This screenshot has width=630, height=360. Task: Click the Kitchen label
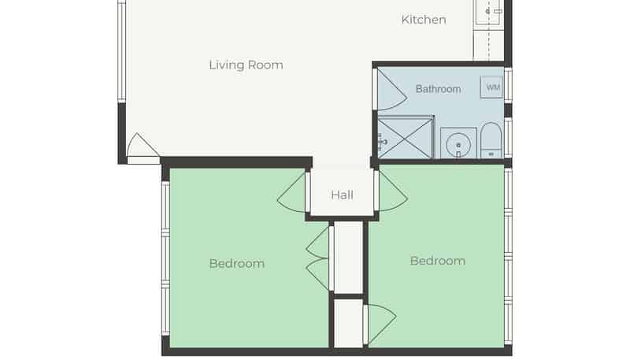tap(424, 20)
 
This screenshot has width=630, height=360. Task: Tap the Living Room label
tap(246, 65)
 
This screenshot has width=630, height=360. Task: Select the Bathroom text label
tap(438, 89)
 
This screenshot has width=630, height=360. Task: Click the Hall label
tap(343, 195)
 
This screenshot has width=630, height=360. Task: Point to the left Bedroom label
tap(237, 264)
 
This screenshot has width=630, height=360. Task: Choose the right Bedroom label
tap(438, 261)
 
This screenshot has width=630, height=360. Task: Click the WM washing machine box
tap(491, 87)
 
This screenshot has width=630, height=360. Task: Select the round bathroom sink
tap(458, 145)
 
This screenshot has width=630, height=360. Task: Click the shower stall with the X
tap(405, 137)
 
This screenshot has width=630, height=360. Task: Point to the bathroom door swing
tap(391, 90)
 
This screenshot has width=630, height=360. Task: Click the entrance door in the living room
tap(143, 148)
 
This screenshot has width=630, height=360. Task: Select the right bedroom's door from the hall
tap(391, 191)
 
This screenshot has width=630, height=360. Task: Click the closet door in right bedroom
tap(380, 325)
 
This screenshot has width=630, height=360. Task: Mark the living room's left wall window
tap(122, 50)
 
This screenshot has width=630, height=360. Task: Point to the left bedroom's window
tap(165, 258)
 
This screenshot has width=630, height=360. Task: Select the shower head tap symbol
tap(382, 142)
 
